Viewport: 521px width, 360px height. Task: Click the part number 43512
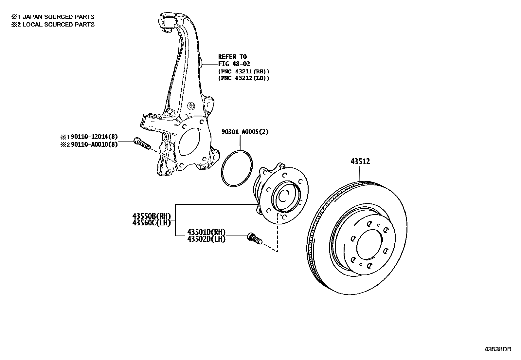tap(360, 161)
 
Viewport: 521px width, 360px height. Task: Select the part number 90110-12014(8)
tap(94, 137)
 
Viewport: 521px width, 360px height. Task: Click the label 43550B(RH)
tap(152, 216)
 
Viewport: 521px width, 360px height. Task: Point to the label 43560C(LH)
tap(152, 223)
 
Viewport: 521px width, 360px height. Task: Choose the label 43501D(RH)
tap(206, 232)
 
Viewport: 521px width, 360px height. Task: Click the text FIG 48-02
tap(234, 64)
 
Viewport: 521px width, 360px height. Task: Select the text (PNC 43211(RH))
tap(244, 71)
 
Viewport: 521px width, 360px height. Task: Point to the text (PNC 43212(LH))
tap(244, 78)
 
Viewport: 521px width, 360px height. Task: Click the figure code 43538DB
tap(497, 349)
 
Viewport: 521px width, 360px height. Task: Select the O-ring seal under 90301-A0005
tap(237, 168)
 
